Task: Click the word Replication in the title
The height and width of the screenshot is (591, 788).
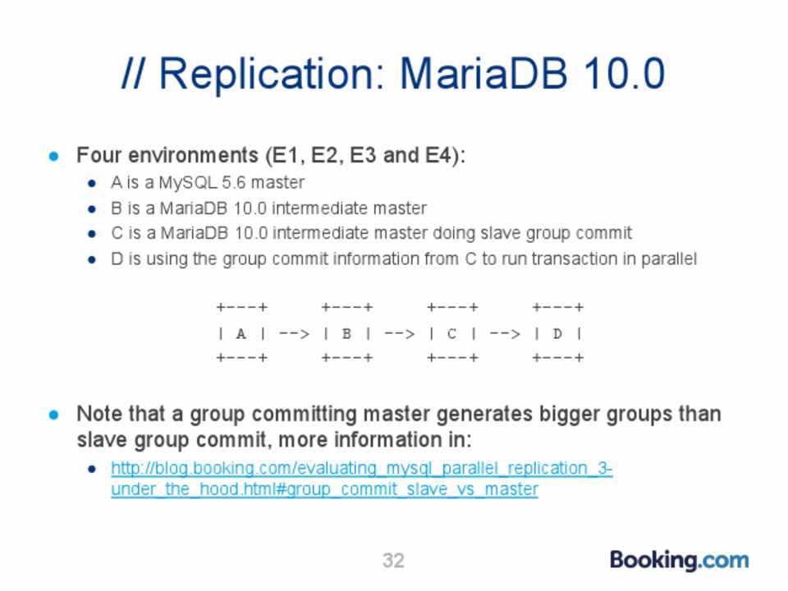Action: [x=273, y=76]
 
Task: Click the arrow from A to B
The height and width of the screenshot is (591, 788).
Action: [x=295, y=333]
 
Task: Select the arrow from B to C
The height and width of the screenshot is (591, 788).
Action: [x=400, y=333]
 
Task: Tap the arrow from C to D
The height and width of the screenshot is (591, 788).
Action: [x=506, y=333]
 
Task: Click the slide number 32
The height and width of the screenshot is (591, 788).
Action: [x=393, y=561]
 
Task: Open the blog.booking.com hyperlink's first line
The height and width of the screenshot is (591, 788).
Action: [x=362, y=469]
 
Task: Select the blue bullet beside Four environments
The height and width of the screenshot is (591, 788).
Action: [x=54, y=156]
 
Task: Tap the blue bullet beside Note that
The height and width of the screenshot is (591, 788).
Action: [x=54, y=415]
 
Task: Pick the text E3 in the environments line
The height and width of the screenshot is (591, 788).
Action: [x=363, y=155]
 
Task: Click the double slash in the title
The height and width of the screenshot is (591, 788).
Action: [x=134, y=74]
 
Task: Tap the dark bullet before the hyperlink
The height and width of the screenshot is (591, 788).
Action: [x=92, y=470]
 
